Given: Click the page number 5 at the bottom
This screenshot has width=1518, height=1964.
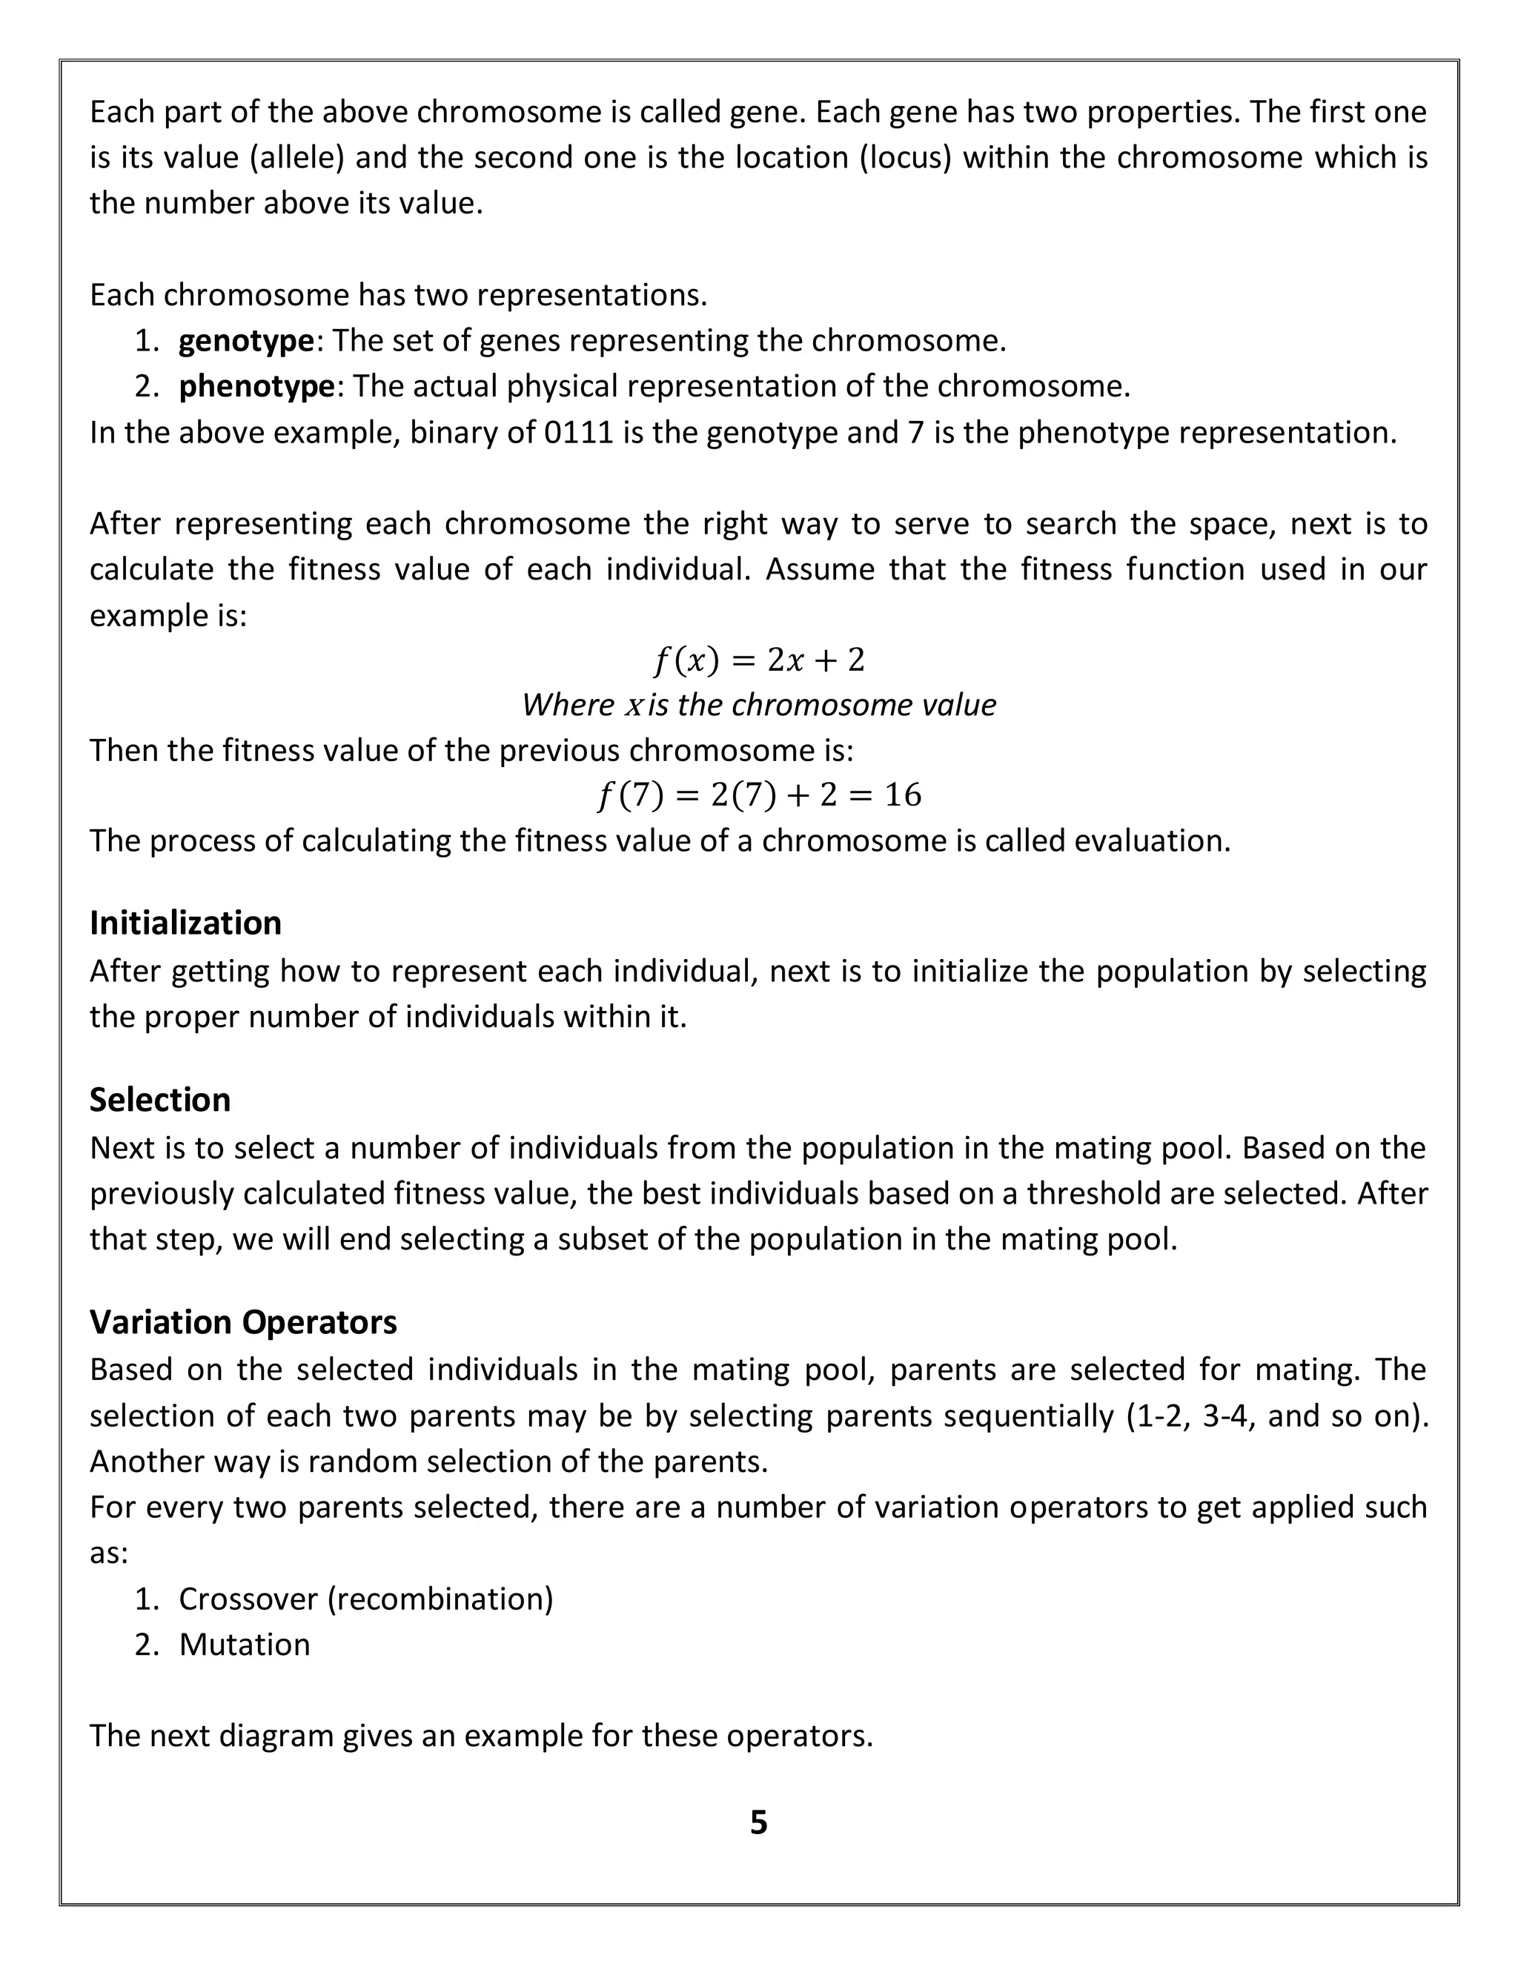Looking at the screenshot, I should click(x=758, y=1822).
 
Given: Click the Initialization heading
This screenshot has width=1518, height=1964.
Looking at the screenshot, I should click(x=185, y=923).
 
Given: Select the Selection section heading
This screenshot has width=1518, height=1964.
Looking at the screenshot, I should click(x=160, y=1100).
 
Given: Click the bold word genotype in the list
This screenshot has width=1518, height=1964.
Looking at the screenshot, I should click(x=245, y=341).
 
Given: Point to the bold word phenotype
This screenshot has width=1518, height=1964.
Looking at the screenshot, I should click(x=256, y=387).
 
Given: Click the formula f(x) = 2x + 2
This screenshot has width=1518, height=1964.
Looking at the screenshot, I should click(x=758, y=661).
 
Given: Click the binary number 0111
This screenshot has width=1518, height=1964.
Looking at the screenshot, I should click(x=579, y=433).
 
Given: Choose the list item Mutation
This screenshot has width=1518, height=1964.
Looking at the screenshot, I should click(x=244, y=1644).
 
